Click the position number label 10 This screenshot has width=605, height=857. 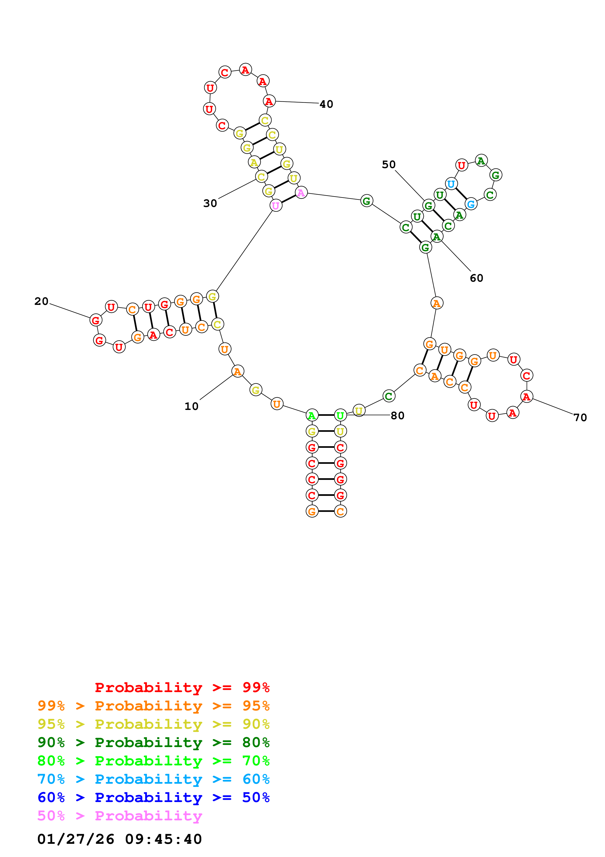click(191, 407)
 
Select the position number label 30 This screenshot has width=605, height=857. click(210, 204)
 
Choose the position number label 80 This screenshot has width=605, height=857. click(397, 416)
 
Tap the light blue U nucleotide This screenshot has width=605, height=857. click(451, 184)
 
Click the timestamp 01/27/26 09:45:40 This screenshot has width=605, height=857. click(119, 839)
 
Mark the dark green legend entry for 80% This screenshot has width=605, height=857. click(153, 742)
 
